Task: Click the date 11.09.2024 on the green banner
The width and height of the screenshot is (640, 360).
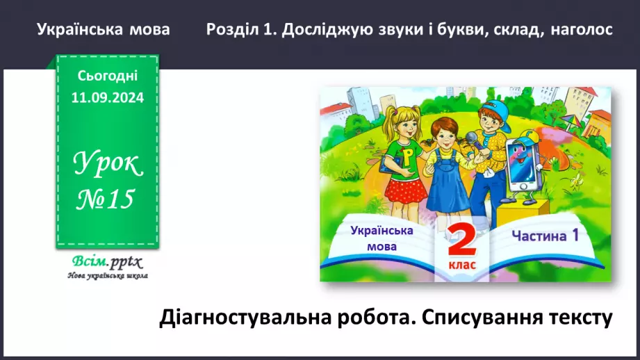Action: tap(108, 99)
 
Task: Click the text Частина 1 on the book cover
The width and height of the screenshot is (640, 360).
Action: tap(545, 236)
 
